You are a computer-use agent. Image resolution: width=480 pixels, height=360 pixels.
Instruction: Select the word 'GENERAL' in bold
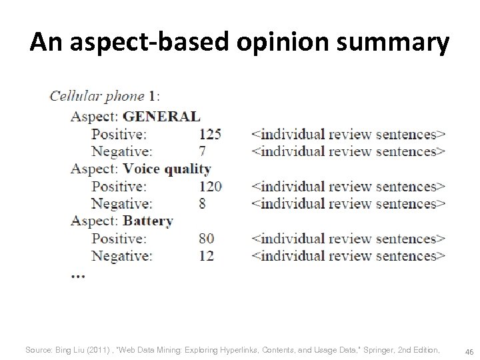pos(161,116)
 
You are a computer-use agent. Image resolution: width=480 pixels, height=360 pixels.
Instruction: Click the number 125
pos(210,134)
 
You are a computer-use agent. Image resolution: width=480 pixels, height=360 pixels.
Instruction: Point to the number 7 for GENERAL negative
pos(203,151)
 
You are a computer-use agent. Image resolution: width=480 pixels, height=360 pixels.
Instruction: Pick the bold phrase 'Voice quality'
pos(167,169)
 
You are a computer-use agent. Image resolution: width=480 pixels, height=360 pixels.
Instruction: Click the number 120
pos(210,186)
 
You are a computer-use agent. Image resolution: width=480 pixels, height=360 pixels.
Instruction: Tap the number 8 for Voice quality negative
pos(203,203)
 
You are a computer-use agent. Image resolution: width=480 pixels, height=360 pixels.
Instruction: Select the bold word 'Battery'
pos(148,221)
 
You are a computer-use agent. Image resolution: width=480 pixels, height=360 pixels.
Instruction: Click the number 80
pos(207,238)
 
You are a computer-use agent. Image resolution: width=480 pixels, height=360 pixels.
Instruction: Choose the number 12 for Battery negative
pos(207,255)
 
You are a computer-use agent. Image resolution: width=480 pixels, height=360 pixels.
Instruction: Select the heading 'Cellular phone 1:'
pos(105,95)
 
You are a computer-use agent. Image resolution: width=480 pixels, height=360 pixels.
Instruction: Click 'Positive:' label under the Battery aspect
pos(121,238)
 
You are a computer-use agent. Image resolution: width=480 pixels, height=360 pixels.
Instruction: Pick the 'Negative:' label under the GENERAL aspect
pos(121,151)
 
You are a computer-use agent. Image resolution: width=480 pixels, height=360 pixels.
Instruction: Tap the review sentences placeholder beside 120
pos(348,186)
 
